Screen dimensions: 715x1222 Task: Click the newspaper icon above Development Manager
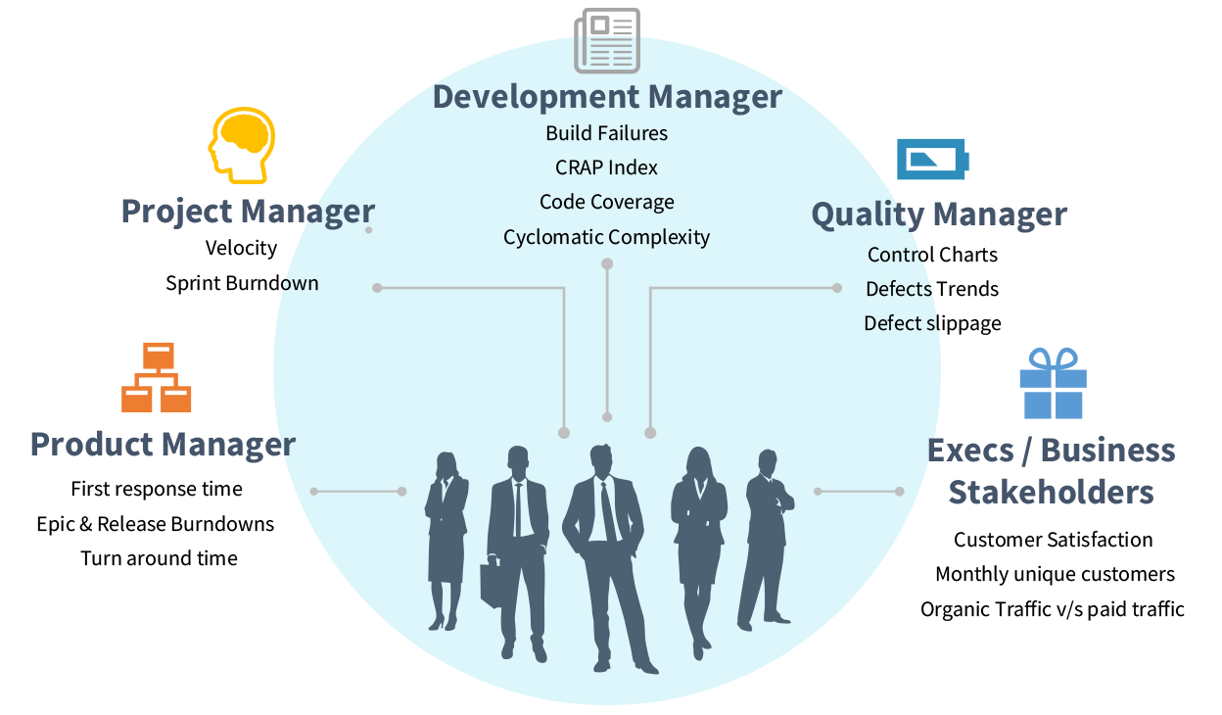click(x=607, y=40)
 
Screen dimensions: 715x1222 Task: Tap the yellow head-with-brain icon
click(x=241, y=144)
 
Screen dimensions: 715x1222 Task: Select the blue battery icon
click(x=932, y=159)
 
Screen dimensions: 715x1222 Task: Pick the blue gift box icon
click(x=1053, y=383)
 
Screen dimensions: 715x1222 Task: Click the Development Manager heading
click(x=607, y=98)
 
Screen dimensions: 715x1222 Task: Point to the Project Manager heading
click(x=248, y=212)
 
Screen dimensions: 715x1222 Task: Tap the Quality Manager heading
click(x=939, y=214)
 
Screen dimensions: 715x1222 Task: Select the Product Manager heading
click(x=163, y=445)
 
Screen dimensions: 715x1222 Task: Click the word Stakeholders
click(x=1051, y=492)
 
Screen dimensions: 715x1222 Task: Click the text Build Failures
click(x=607, y=133)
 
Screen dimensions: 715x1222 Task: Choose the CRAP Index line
click(x=607, y=167)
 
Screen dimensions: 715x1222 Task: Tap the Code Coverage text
click(x=607, y=203)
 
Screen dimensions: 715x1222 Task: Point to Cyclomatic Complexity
click(x=607, y=237)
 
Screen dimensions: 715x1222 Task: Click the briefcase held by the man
click(x=493, y=584)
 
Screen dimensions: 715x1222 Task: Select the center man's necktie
click(x=608, y=509)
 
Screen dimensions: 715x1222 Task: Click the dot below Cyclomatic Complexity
click(x=607, y=264)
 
